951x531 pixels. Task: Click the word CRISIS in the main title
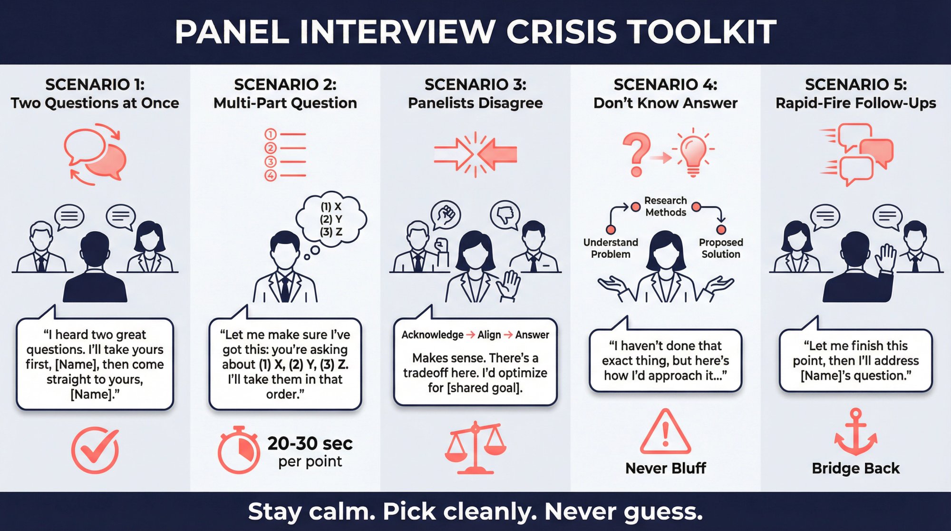click(x=561, y=32)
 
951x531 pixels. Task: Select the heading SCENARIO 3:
click(x=475, y=85)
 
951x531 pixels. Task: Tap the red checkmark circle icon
click(x=95, y=450)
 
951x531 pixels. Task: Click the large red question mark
click(x=637, y=153)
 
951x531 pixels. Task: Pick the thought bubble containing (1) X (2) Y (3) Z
click(x=331, y=219)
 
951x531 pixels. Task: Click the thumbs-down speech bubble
click(x=505, y=215)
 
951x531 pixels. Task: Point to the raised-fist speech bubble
click(x=446, y=215)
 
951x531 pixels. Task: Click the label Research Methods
click(x=665, y=206)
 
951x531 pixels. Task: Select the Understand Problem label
click(x=611, y=248)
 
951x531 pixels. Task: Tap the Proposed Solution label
click(x=721, y=248)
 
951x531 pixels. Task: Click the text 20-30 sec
click(x=310, y=443)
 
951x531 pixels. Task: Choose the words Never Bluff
click(x=665, y=468)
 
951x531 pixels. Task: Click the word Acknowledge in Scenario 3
click(x=432, y=335)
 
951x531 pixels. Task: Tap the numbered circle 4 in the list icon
click(x=271, y=176)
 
